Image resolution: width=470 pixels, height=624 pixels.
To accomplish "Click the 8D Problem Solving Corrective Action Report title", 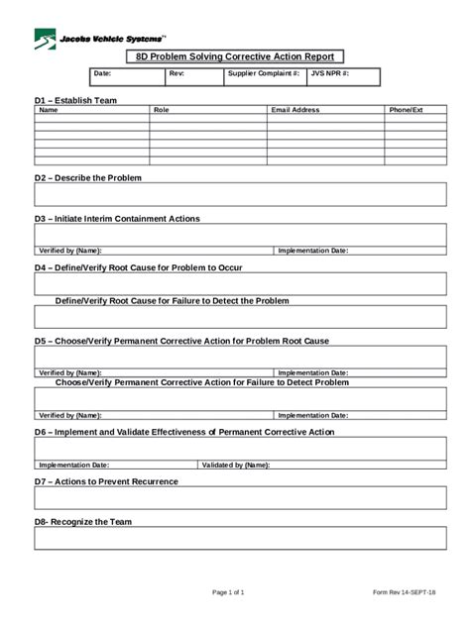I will tap(234, 57).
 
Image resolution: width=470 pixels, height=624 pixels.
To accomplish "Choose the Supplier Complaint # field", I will tap(263, 73).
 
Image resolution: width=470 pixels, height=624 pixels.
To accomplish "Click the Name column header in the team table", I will tap(48, 110).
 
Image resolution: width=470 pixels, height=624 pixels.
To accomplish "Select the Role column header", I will tap(162, 110).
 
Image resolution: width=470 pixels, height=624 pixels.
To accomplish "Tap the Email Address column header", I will tap(295, 110).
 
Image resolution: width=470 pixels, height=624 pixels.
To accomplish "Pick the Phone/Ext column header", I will tap(406, 110).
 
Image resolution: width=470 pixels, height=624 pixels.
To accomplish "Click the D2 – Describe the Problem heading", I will tap(88, 177).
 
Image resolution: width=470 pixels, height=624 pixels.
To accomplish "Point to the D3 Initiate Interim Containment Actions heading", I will tap(117, 218).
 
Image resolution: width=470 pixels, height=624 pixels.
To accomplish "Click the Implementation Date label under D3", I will tap(312, 251).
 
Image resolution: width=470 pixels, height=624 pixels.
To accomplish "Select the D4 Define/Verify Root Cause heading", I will tap(138, 267).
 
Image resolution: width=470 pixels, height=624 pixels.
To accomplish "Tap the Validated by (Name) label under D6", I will tap(235, 464).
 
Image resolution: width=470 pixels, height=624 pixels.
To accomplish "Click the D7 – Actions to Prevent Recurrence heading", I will tap(106, 480).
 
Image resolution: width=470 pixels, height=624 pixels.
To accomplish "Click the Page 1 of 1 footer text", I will tap(228, 592).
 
